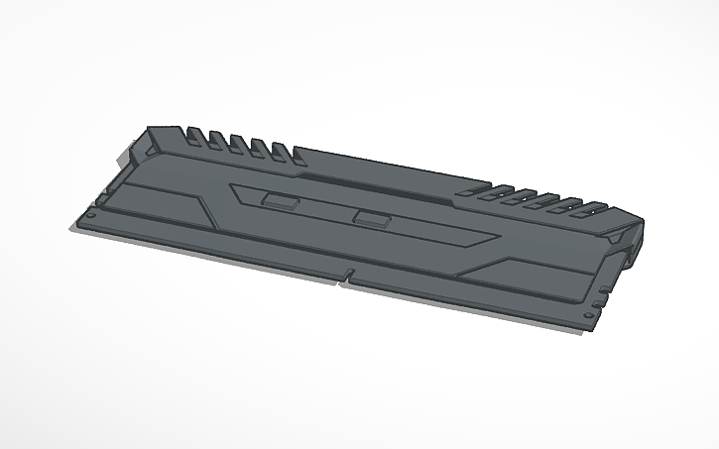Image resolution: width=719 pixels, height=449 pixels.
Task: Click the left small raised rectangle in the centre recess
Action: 281,200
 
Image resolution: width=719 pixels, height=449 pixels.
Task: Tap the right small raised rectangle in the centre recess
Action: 371,218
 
